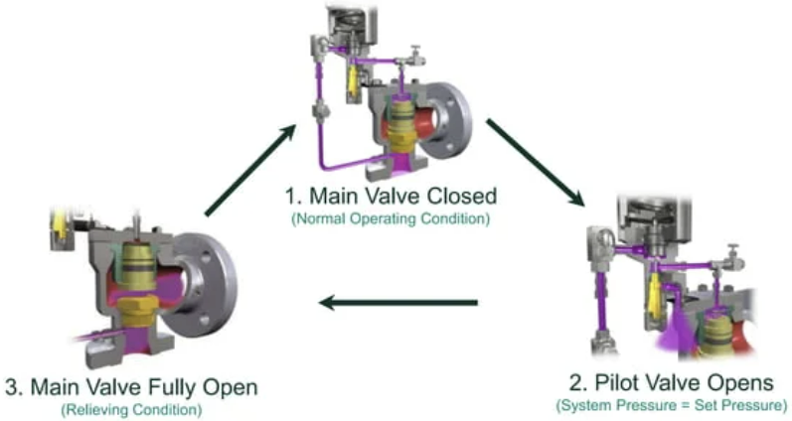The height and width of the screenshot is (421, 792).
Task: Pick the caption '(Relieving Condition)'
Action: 129,408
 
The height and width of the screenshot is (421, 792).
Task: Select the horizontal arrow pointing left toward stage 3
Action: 397,303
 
